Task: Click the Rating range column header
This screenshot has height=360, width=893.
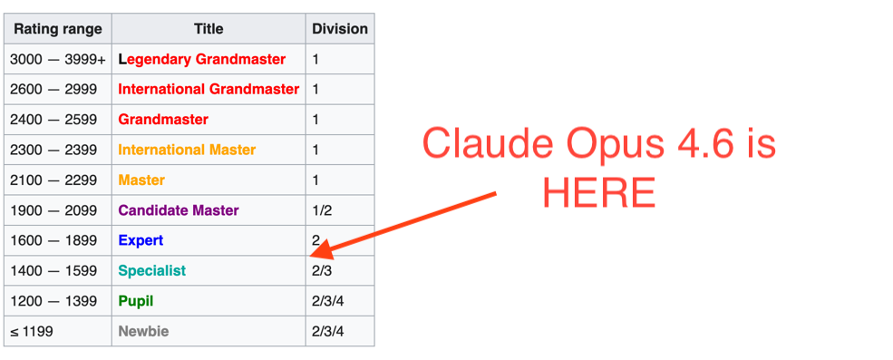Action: [x=56, y=29]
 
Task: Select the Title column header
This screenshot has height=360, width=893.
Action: [x=208, y=29]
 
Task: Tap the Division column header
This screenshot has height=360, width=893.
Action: [x=340, y=29]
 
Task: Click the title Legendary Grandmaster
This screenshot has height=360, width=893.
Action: [x=201, y=60]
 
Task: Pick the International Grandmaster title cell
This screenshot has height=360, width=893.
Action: [x=209, y=90]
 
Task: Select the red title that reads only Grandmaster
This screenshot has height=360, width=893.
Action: [x=163, y=120]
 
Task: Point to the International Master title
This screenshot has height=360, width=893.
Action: [x=187, y=150]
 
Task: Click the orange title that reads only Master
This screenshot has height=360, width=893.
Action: [x=141, y=180]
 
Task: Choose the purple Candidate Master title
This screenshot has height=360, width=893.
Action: [x=179, y=210]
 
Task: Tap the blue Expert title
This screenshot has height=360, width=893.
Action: [x=141, y=241]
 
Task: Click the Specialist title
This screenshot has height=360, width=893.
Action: [x=151, y=271]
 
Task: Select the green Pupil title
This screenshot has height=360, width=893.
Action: [x=136, y=301]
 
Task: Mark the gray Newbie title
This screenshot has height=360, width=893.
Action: [x=143, y=332]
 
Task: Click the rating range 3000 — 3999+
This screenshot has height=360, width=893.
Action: [x=57, y=60]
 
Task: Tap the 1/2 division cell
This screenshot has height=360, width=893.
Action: [x=322, y=210]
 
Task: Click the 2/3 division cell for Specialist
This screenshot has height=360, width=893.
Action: [x=322, y=271]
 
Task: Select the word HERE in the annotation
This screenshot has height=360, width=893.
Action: [x=598, y=192]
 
